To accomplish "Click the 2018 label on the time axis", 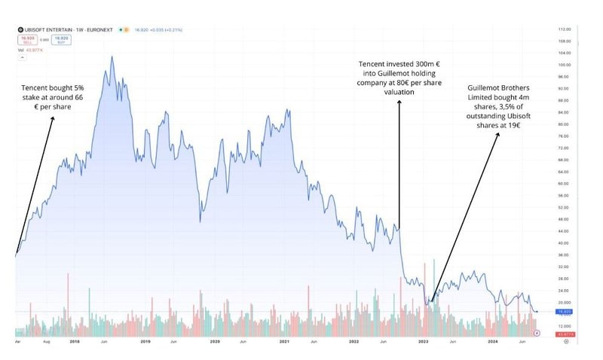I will [x=75, y=341].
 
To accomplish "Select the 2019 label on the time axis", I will [x=145, y=341].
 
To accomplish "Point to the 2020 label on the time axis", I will [x=215, y=341].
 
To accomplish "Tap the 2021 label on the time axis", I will [x=284, y=341].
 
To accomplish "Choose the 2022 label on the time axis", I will [x=354, y=341].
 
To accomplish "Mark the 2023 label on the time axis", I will [x=424, y=341].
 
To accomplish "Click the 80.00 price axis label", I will [x=562, y=124].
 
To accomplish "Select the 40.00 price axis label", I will [x=562, y=243].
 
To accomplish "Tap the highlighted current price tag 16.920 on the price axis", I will [x=562, y=311].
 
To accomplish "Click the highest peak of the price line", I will [x=112, y=57].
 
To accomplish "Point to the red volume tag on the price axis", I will [x=562, y=334].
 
